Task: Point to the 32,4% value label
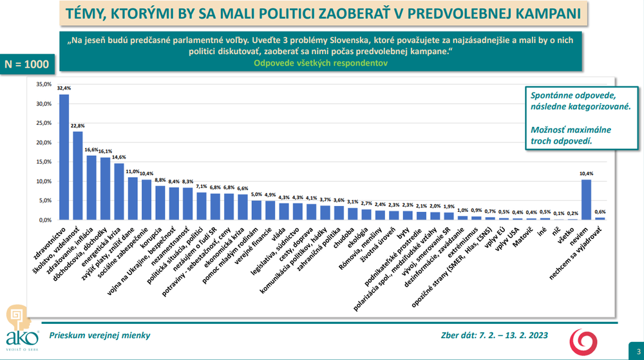pos(64,88)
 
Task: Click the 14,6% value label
pos(119,157)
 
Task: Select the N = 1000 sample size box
pos(27,64)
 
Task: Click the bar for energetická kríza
pos(119,191)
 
